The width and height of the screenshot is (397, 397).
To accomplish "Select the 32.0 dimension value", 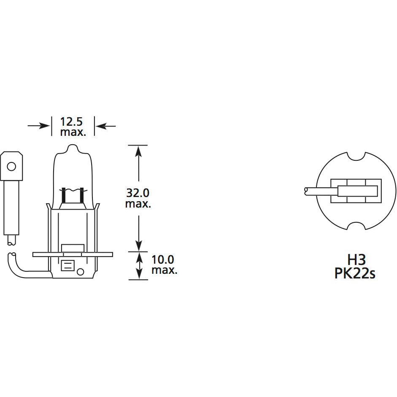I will click(138, 193).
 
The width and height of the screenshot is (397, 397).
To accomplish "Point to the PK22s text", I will click(355, 273).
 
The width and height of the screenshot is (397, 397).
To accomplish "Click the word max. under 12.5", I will click(73, 132).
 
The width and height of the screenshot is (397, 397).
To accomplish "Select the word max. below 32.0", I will click(138, 204).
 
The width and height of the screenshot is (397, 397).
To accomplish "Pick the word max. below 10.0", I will click(164, 270).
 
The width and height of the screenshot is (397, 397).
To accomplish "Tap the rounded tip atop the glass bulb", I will click(73, 148).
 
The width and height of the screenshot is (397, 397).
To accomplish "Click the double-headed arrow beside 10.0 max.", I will click(138, 265).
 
